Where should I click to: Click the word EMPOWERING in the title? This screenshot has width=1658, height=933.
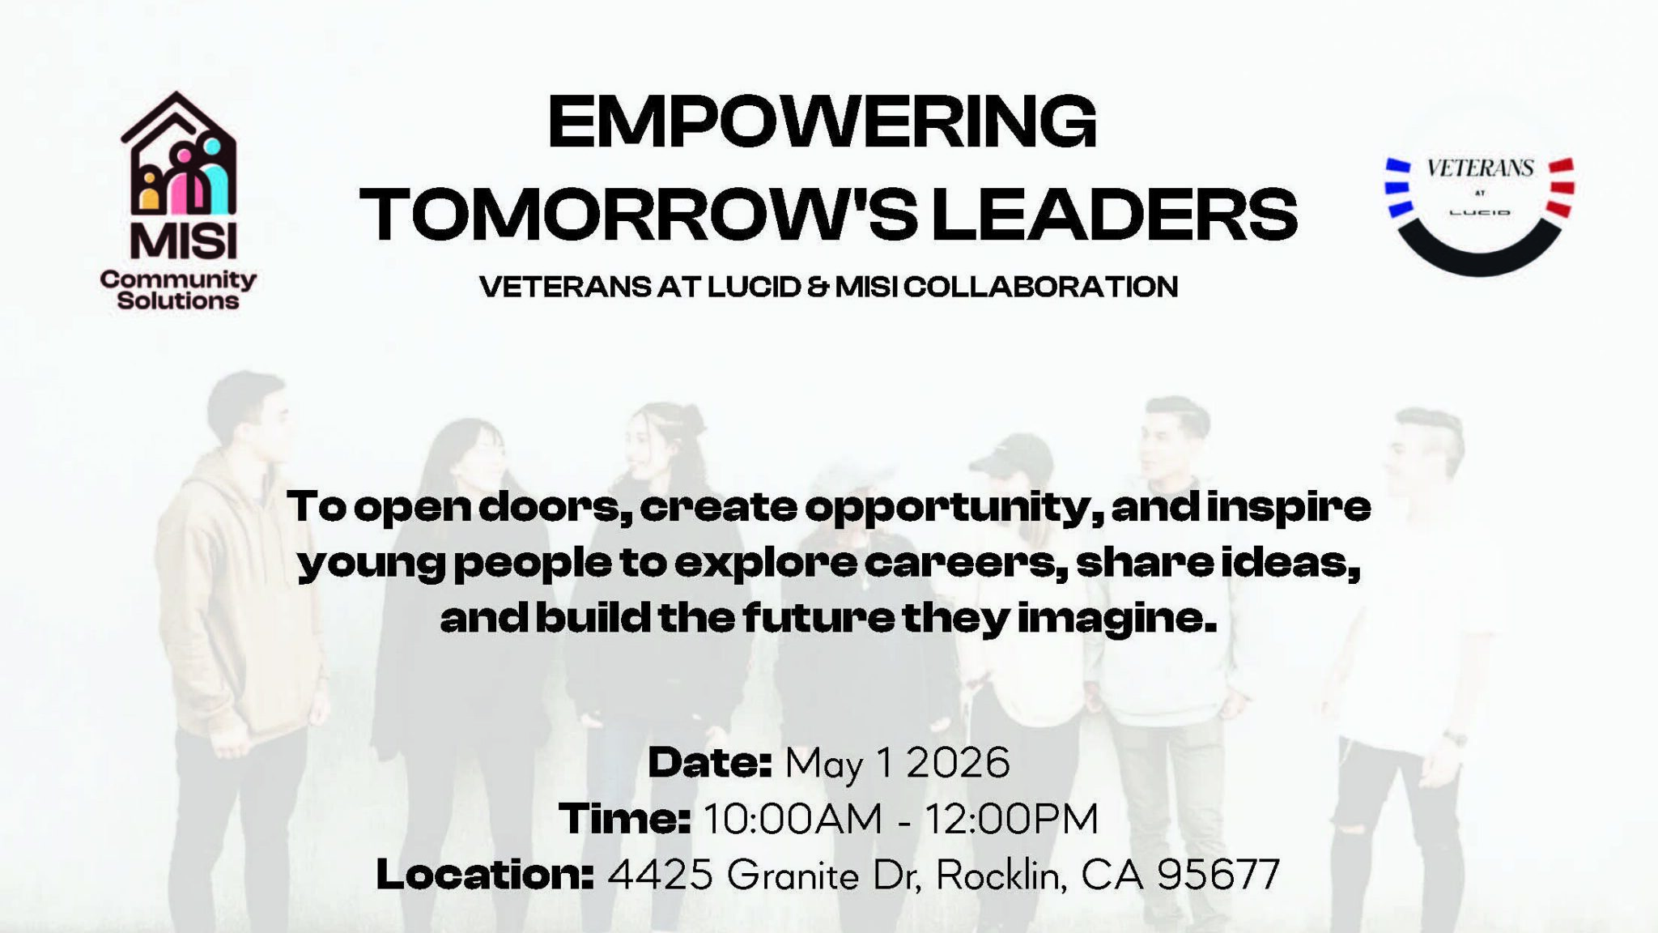click(x=822, y=122)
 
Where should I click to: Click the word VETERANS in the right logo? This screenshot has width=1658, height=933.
click(x=1480, y=168)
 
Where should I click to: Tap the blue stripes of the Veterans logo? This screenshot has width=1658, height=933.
click(x=1398, y=188)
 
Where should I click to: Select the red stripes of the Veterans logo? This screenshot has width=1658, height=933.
click(x=1562, y=188)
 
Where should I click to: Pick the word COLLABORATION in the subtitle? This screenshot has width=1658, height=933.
click(x=1040, y=287)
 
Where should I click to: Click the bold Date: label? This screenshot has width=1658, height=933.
click(x=710, y=763)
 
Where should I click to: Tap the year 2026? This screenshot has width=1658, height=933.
click(x=959, y=763)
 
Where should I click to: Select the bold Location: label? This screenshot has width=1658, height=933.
click(x=486, y=875)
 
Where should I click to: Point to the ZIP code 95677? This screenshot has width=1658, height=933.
click(x=1218, y=875)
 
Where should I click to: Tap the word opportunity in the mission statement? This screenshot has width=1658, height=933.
click(x=952, y=508)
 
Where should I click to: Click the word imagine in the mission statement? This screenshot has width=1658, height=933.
click(x=1116, y=620)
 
